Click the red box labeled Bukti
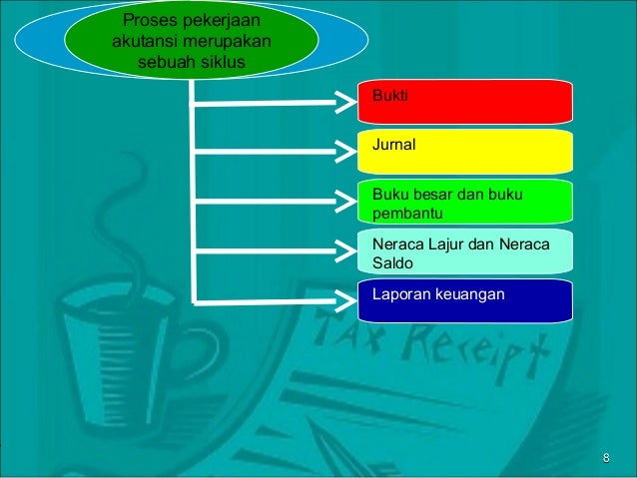pos(465,101)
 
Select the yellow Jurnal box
pos(465,151)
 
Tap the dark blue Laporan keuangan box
pos(465,300)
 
